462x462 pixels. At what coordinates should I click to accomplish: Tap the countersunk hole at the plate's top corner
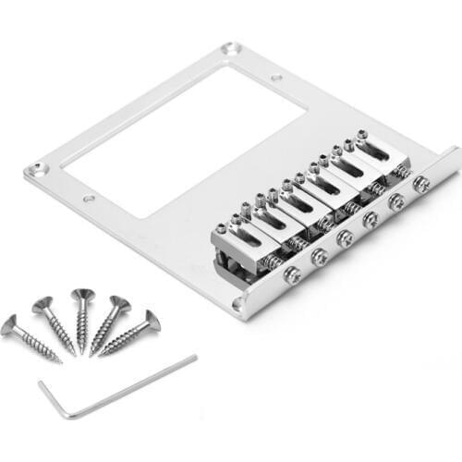[231, 48]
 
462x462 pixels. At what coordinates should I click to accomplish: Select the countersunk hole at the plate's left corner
[37, 169]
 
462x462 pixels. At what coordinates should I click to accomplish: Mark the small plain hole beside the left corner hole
[89, 198]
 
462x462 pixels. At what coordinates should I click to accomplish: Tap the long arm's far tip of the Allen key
[195, 358]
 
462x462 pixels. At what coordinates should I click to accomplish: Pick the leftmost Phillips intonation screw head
[290, 274]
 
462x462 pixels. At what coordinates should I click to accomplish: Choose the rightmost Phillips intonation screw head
[421, 184]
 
